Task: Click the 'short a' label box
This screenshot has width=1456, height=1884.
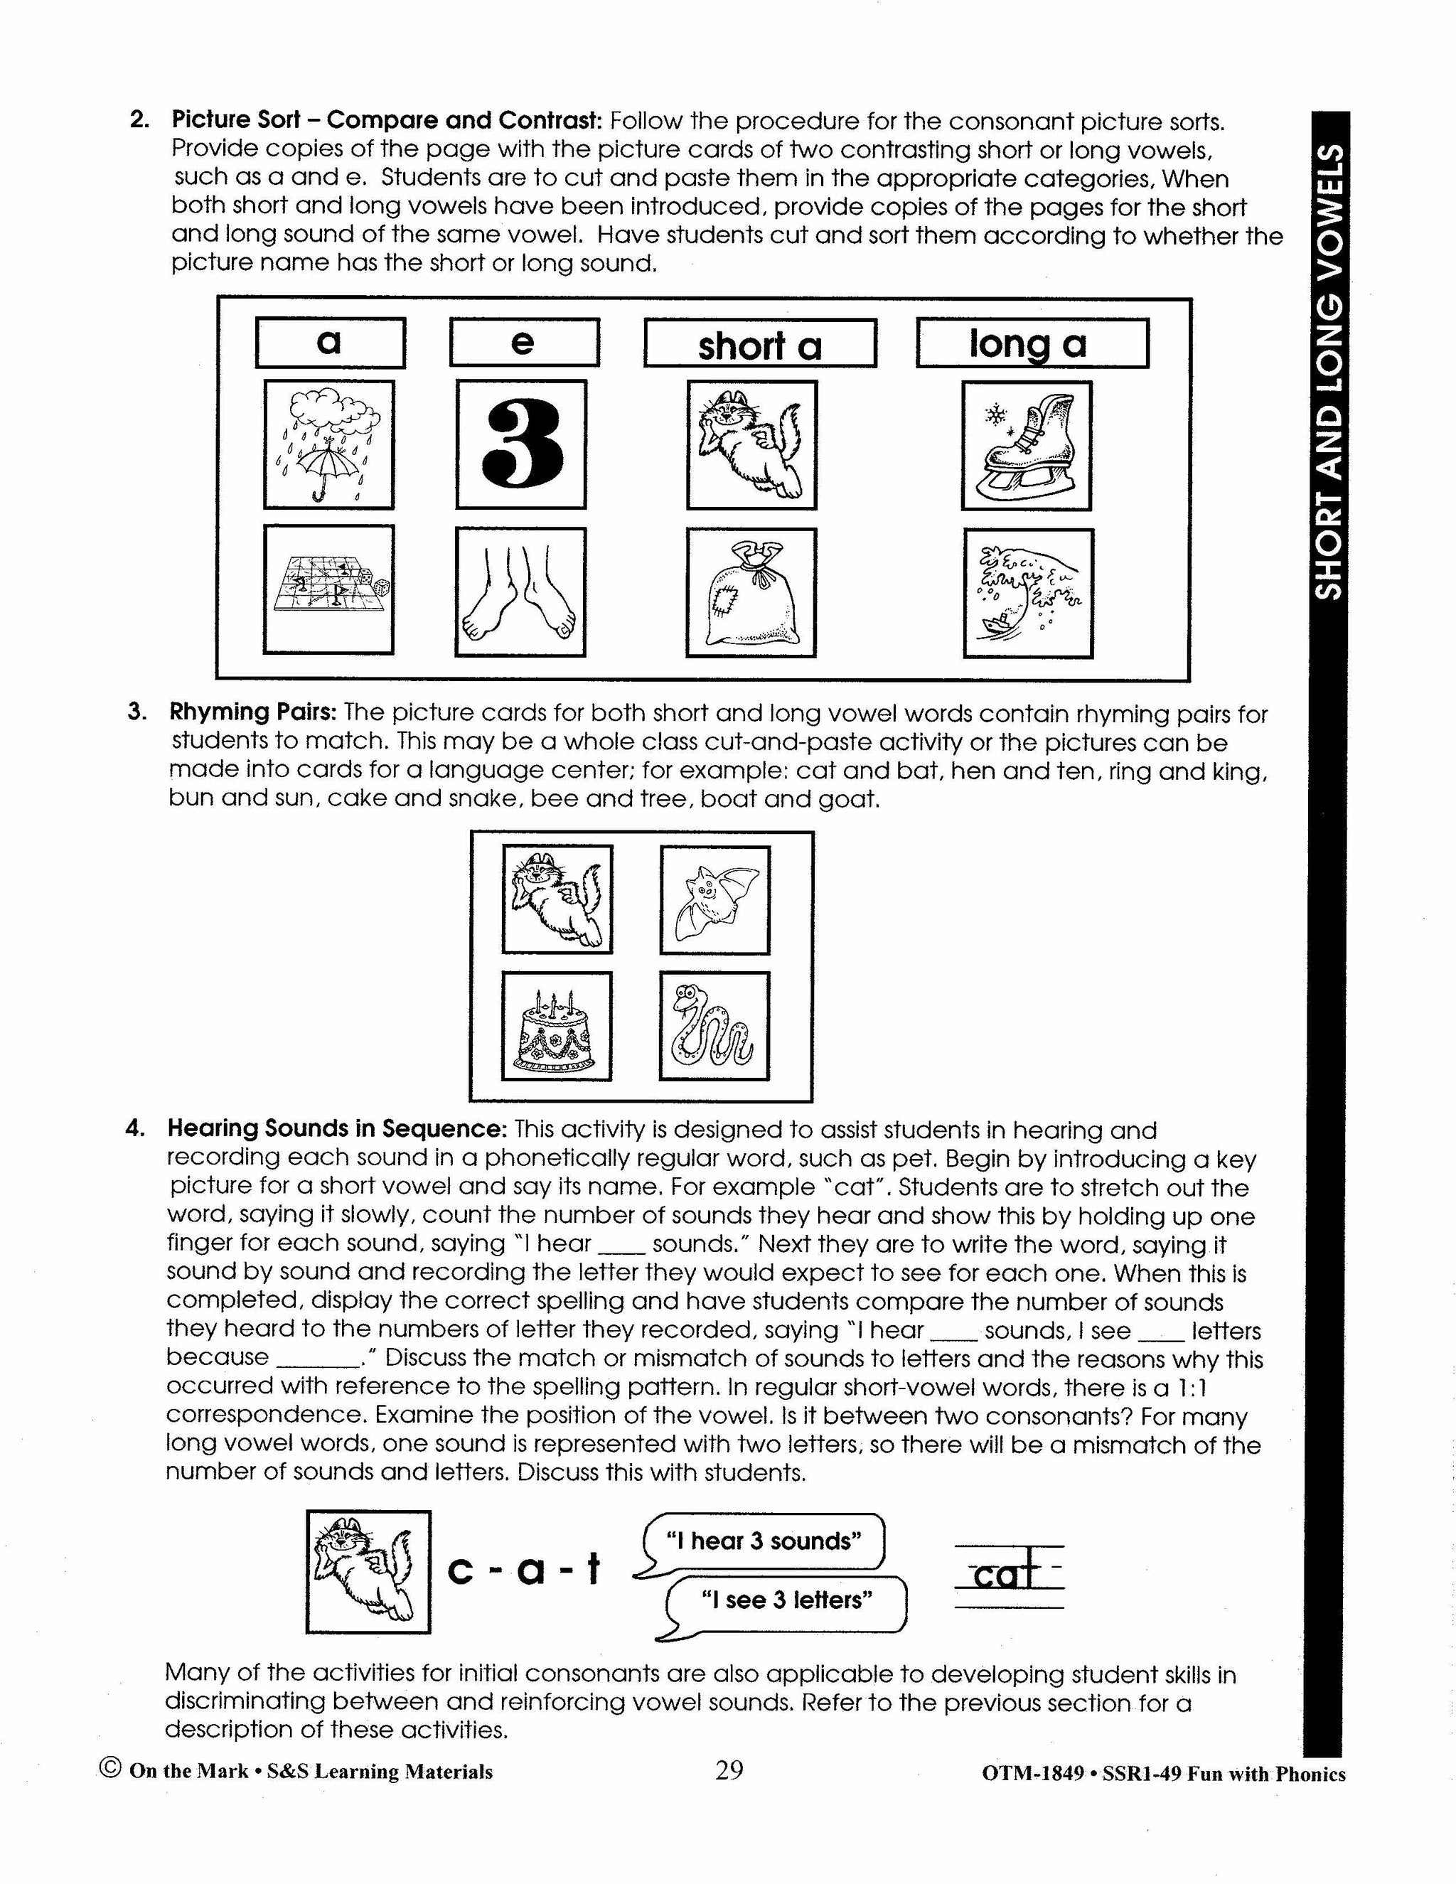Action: [x=759, y=344]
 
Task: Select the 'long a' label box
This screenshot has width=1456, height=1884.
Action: [x=1032, y=343]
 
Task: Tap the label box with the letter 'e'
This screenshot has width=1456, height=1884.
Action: [x=523, y=343]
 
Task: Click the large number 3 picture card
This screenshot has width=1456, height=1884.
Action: [x=521, y=445]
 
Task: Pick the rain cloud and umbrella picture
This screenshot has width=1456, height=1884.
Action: [x=328, y=445]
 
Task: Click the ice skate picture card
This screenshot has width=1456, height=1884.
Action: [x=1026, y=446]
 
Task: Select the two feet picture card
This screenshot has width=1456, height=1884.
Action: [x=521, y=592]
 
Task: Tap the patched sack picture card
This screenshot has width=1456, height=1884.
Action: [x=751, y=593]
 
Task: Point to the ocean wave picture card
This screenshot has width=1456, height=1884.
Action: [x=1028, y=594]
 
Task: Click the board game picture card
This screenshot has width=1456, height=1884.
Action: [x=328, y=590]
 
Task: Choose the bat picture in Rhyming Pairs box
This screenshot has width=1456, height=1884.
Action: [x=714, y=900]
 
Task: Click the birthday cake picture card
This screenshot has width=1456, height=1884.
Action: [x=557, y=1026]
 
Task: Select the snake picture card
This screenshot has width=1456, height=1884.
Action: [x=714, y=1026]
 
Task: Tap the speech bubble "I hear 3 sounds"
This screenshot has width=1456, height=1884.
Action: [x=764, y=1541]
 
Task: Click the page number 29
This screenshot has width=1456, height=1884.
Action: [x=729, y=1771]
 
